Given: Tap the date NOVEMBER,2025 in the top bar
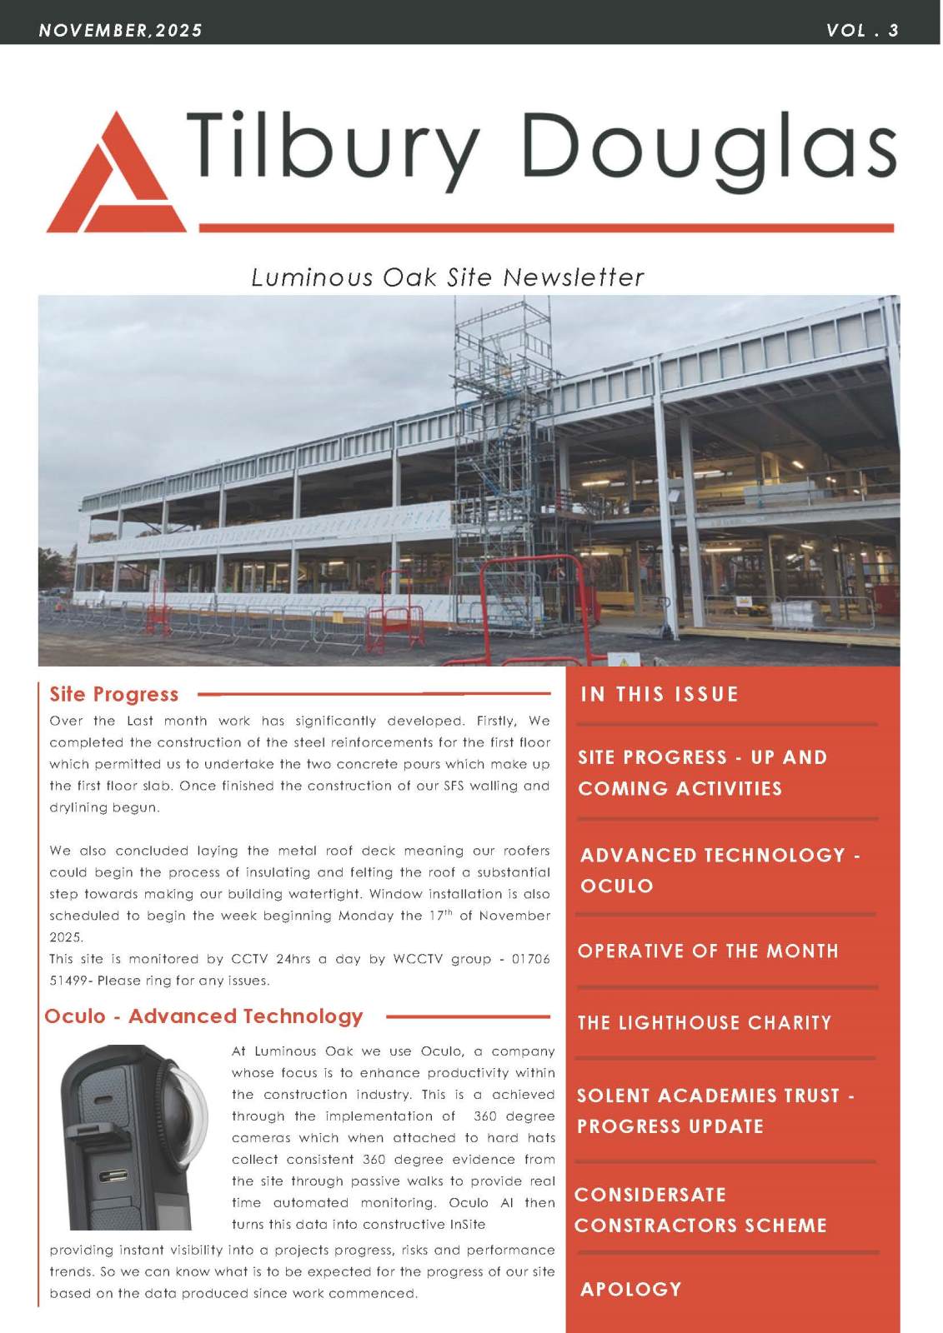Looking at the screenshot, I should coord(120,31).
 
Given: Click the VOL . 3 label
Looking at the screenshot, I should coord(862,31).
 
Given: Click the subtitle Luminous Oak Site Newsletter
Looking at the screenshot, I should coord(448,277).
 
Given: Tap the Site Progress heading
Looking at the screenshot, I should coord(113,694).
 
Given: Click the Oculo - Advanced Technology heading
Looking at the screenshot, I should coord(204,1016).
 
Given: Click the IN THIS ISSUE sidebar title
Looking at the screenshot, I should coord(659,694).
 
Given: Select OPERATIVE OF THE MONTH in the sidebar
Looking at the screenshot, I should coord(708,951).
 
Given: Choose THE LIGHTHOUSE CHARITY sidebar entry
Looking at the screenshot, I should coord(705,1022).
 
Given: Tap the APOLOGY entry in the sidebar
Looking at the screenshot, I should coord(631,1289).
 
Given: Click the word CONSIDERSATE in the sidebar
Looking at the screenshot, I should coord(650,1194).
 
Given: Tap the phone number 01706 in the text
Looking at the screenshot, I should coord(530,959).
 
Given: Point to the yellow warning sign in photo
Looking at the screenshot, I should coord(624,661).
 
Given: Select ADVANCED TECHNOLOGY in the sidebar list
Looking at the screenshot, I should coord(713,855).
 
